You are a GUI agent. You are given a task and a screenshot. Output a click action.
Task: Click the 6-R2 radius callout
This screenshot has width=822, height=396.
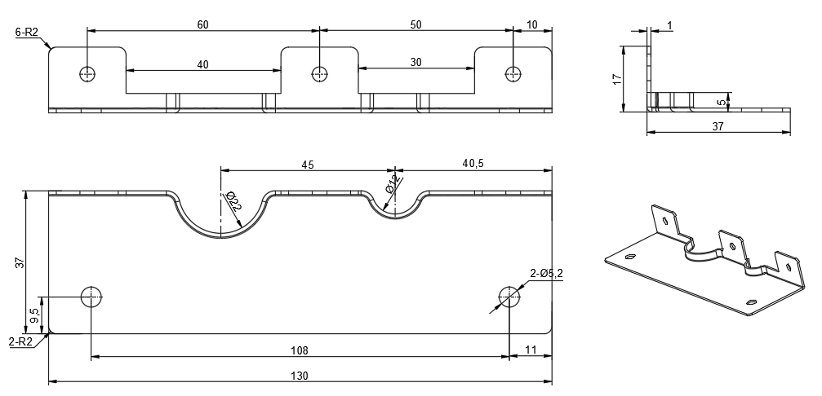click(x=26, y=33)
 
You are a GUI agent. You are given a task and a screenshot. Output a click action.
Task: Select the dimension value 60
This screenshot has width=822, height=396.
click(x=202, y=24)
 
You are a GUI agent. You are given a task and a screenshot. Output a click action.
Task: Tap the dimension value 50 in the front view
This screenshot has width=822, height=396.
click(x=415, y=24)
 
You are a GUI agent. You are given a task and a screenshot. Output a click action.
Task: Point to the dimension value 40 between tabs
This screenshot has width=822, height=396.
click(x=202, y=64)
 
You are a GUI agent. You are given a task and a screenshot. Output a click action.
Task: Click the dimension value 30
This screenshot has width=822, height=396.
click(x=416, y=62)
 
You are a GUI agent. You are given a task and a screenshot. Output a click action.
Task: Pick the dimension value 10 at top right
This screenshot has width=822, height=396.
click(x=532, y=24)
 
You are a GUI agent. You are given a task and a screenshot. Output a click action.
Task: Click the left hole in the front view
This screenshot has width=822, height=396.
click(x=87, y=73)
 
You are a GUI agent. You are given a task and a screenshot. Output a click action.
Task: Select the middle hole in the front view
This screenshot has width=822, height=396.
click(x=319, y=73)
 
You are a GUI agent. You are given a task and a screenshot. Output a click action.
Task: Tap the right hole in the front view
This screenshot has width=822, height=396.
click(x=513, y=73)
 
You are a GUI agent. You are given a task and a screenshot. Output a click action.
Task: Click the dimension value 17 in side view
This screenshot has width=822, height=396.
click(x=618, y=79)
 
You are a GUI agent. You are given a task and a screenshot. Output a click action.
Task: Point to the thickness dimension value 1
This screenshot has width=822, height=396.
click(x=670, y=26)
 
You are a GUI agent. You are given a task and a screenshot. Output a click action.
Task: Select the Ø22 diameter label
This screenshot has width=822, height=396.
click(x=232, y=200)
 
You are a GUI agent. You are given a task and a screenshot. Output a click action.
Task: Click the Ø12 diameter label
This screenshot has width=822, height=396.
click(x=391, y=186)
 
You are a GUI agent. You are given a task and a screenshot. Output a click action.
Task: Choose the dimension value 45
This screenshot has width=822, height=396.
click(x=308, y=164)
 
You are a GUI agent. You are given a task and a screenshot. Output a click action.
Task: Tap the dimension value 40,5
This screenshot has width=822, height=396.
click(x=473, y=164)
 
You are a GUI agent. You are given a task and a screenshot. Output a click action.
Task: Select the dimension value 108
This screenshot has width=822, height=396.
click(x=300, y=350)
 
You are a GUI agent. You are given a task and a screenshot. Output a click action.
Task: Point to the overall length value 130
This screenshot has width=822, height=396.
click(x=300, y=376)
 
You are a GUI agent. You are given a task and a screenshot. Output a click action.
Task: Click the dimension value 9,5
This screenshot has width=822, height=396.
click(x=33, y=313)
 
